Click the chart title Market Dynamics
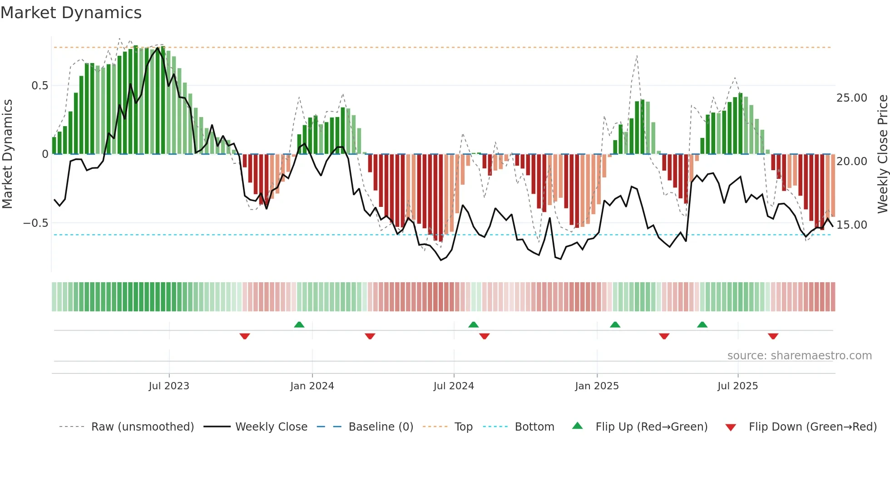click(x=71, y=13)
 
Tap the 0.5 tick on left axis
click(x=40, y=86)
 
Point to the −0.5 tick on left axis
click(x=35, y=223)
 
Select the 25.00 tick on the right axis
click(x=851, y=98)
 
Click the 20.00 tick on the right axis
click(x=851, y=162)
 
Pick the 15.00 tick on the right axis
click(x=851, y=225)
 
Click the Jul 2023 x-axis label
click(x=169, y=386)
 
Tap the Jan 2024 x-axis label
click(x=312, y=386)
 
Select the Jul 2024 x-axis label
click(x=454, y=386)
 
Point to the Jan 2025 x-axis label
click(x=597, y=386)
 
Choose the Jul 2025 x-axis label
click(x=737, y=386)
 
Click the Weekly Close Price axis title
click(x=882, y=154)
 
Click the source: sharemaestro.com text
click(x=799, y=356)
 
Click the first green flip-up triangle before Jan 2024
click(x=299, y=324)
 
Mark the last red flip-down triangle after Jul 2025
click(x=773, y=336)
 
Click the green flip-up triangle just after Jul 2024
click(x=473, y=324)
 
